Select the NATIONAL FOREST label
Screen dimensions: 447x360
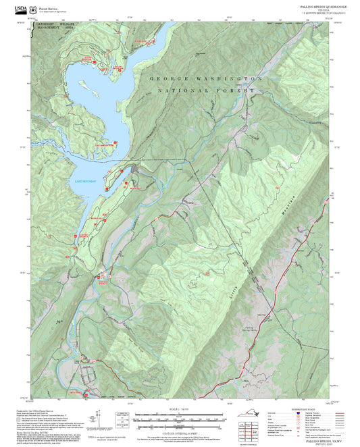(206, 90)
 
